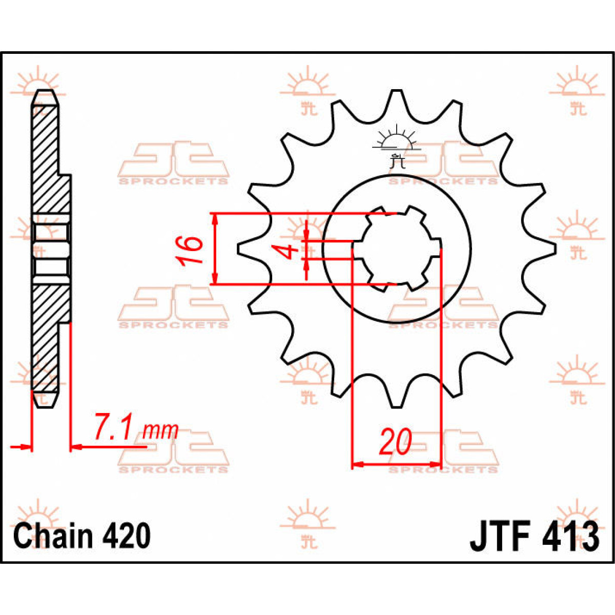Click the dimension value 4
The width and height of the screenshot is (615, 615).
[x=290, y=251]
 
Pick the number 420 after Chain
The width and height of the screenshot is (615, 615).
[x=126, y=536]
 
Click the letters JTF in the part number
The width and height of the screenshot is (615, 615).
[x=499, y=537]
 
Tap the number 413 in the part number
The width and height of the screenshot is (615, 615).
[x=569, y=537]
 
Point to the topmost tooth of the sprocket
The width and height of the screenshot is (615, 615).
[x=396, y=97]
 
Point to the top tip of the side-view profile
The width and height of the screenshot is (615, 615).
[x=45, y=92]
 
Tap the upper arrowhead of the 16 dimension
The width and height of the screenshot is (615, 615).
[x=215, y=218]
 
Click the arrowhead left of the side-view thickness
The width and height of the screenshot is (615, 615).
[x=26, y=447]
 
